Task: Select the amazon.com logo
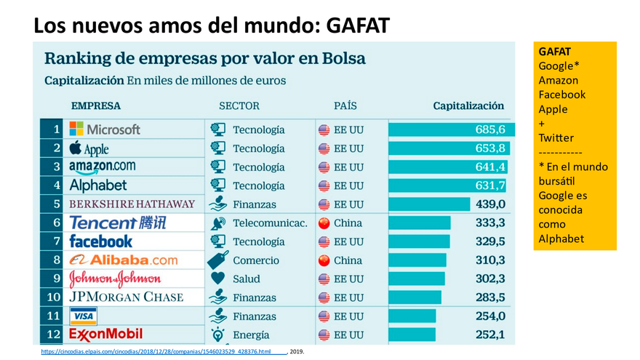[102, 167]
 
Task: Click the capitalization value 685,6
[490, 129]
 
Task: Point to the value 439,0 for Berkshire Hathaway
[490, 204]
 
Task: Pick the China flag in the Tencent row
[324, 223]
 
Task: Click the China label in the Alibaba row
[348, 260]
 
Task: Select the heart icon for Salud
[217, 279]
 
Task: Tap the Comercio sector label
[256, 260]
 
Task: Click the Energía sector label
[251, 335]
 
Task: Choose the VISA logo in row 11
[83, 316]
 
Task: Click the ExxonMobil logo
[105, 335]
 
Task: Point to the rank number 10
[54, 297]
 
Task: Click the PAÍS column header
[345, 105]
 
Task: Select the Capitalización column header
[468, 105]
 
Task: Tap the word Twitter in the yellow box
[556, 137]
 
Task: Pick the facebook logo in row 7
[100, 241]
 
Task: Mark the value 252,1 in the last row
[490, 335]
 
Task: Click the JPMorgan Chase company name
[126, 297]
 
